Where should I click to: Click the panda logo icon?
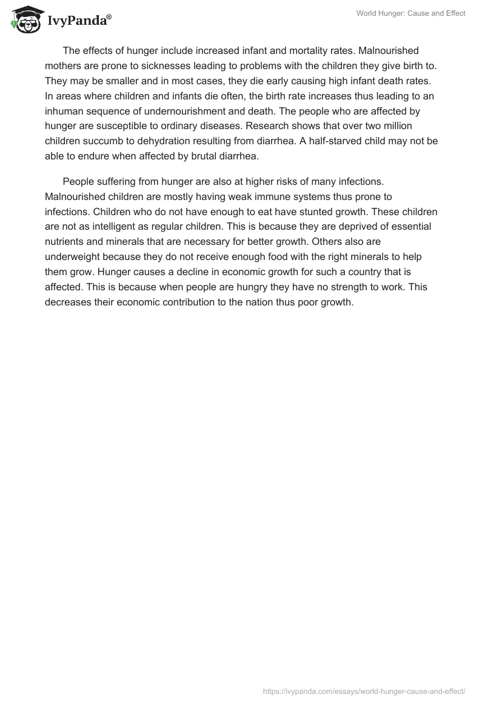click(24, 19)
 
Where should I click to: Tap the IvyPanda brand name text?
click(78, 21)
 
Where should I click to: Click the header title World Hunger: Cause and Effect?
click(410, 13)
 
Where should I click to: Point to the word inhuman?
click(64, 111)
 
